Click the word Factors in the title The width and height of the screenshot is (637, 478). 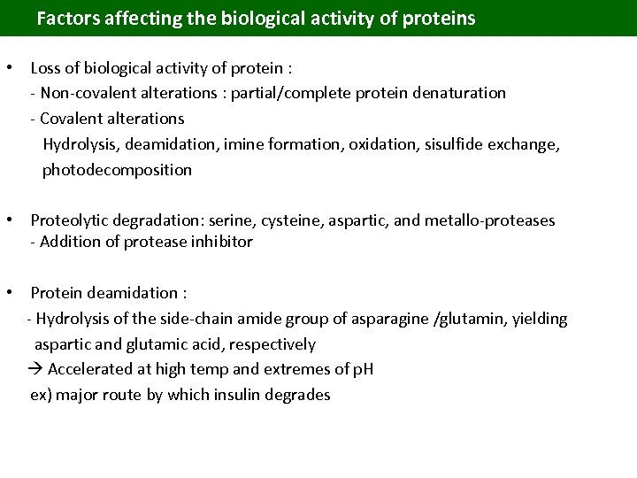click(65, 18)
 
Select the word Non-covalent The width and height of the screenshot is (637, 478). click(85, 92)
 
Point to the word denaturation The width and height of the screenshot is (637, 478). click(459, 92)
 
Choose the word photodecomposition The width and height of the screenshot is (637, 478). click(117, 169)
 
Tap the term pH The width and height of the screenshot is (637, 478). click(363, 369)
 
